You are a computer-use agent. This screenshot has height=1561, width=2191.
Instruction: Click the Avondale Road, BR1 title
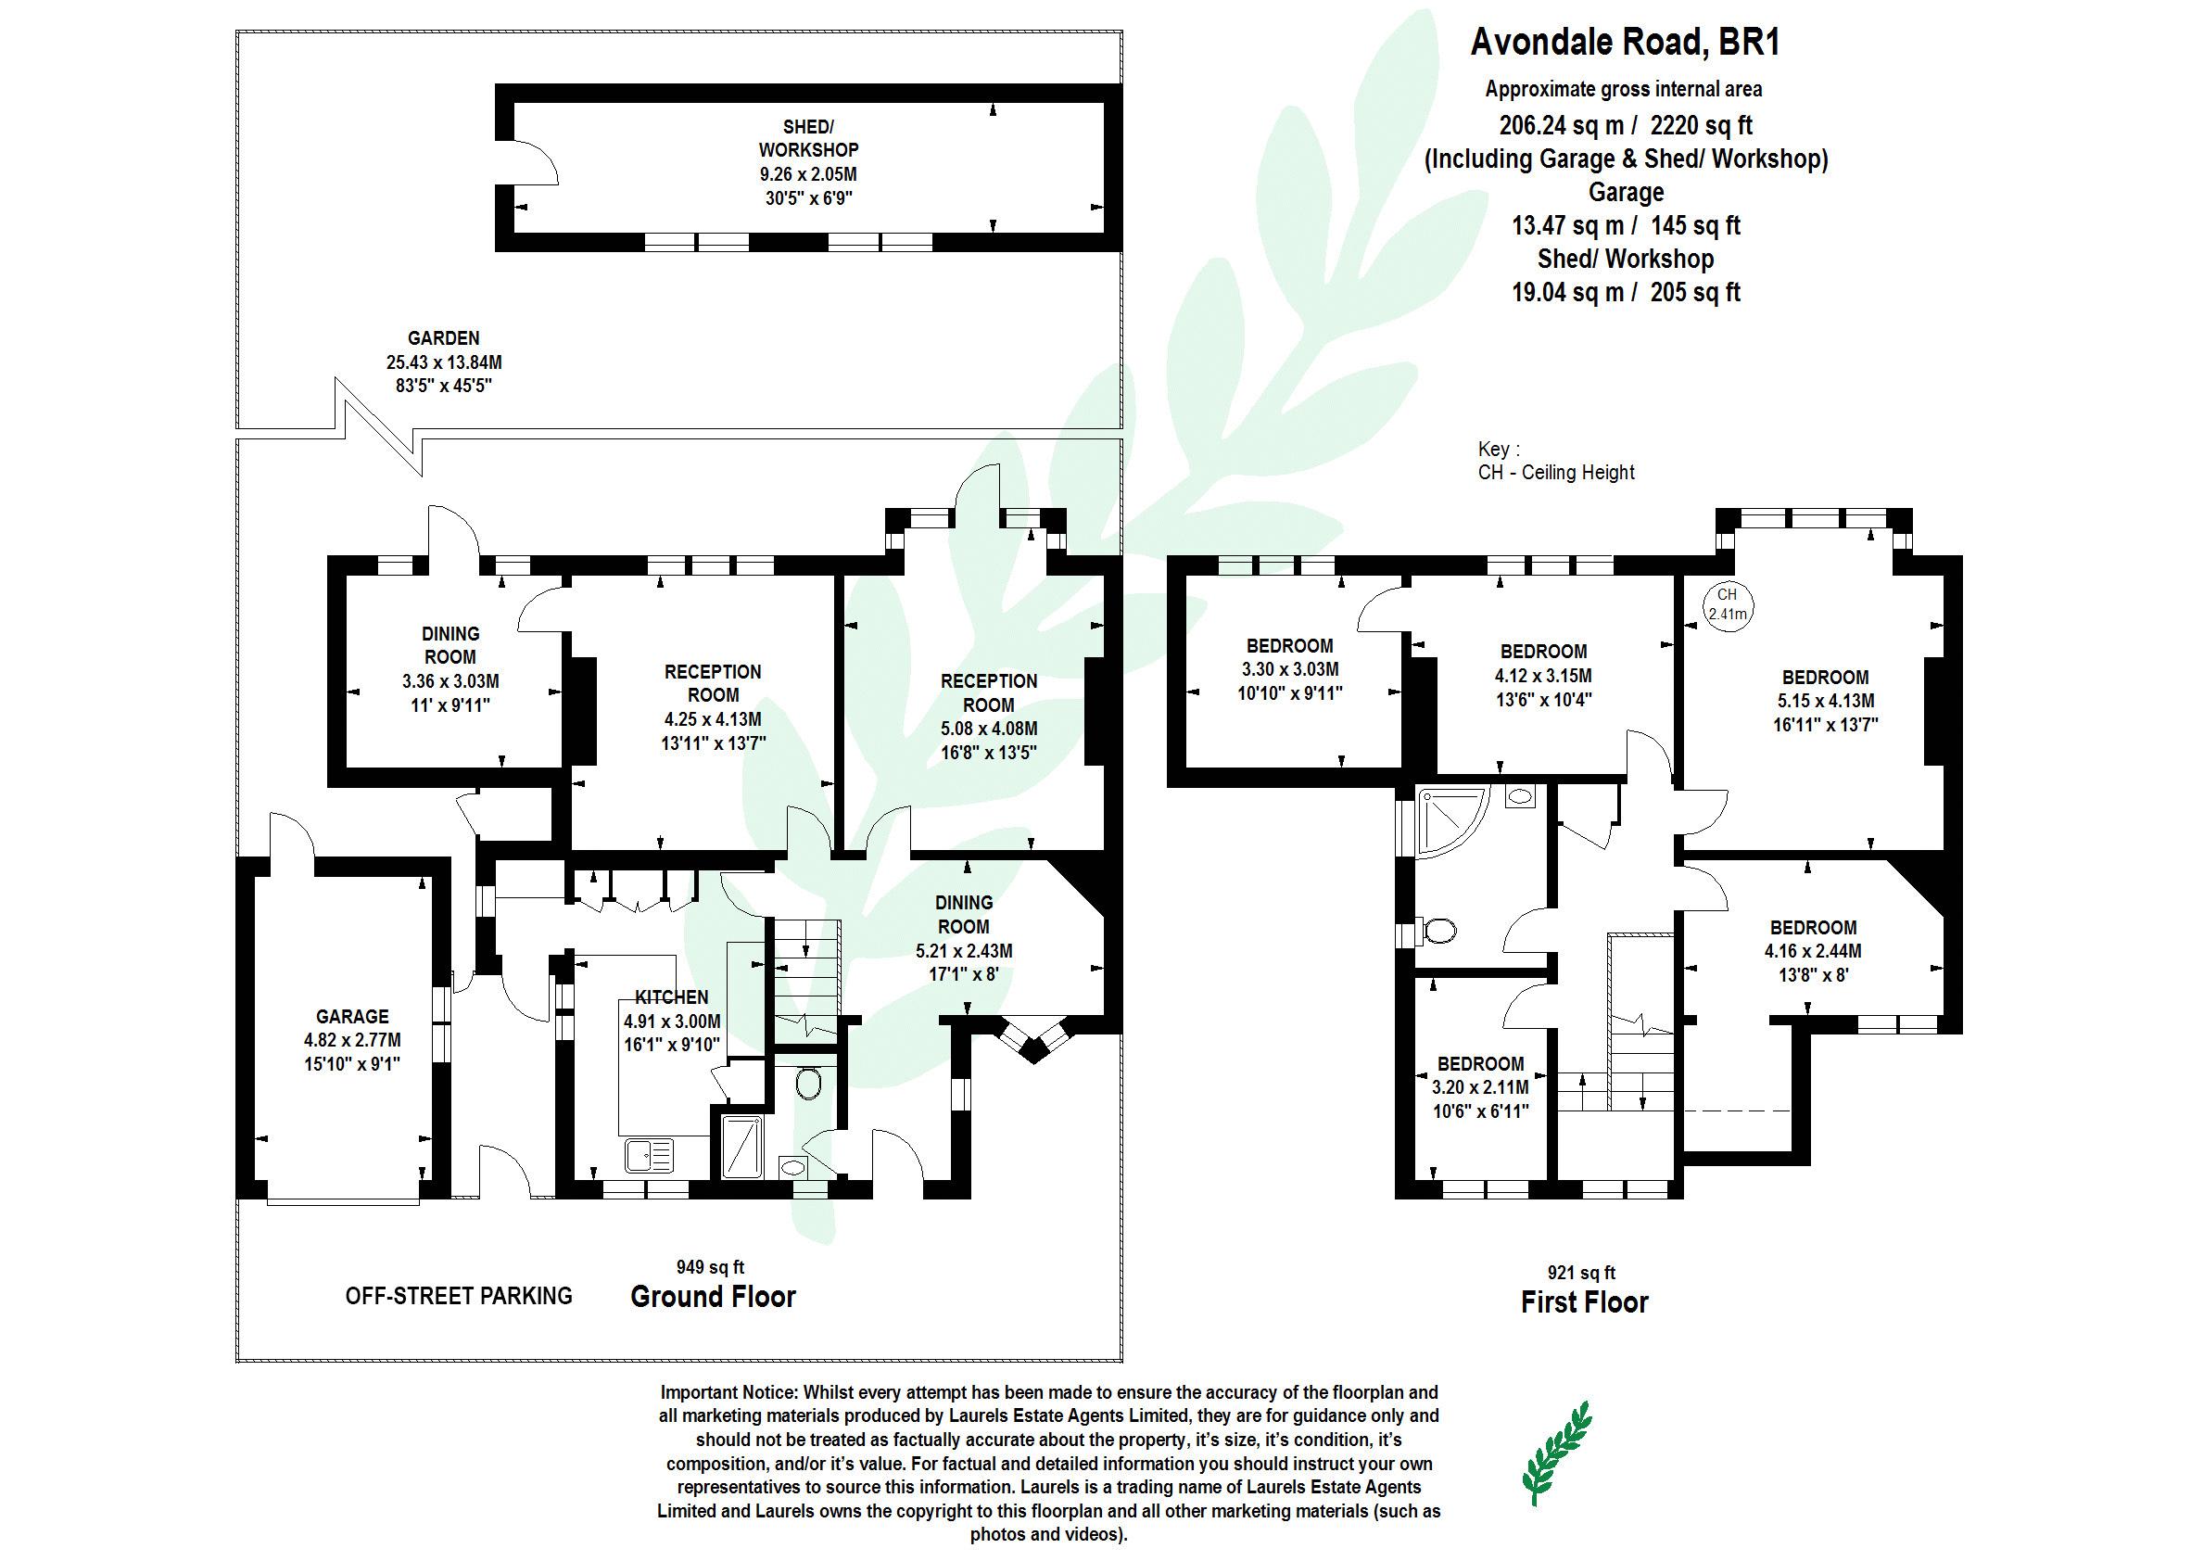(1625, 43)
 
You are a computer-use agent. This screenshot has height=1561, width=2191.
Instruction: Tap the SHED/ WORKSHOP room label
(808, 138)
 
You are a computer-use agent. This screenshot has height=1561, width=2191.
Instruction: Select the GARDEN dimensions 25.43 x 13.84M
(443, 362)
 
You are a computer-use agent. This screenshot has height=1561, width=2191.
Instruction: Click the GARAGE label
(353, 1016)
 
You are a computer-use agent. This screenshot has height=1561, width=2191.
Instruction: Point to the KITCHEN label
(672, 997)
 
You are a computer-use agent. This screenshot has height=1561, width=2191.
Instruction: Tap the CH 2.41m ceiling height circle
(1727, 604)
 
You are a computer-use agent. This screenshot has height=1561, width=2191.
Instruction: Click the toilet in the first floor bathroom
(1438, 930)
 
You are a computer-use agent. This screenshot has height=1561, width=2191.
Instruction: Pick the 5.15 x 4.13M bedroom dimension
(1825, 701)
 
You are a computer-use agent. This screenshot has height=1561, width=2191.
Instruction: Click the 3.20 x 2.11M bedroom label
(1480, 1087)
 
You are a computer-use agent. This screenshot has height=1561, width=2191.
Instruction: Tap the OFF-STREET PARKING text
(459, 1296)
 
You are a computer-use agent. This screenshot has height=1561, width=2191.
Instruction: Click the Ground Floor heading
(713, 1297)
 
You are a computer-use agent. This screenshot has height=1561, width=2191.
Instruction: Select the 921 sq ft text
(1582, 1273)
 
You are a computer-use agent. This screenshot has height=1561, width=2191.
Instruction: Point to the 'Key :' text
(1498, 449)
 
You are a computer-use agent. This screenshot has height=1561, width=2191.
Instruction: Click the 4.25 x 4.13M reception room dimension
(712, 719)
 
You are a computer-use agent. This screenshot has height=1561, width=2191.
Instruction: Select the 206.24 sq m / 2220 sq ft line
(1625, 125)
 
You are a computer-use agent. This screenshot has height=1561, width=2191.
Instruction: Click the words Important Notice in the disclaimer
(728, 1391)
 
